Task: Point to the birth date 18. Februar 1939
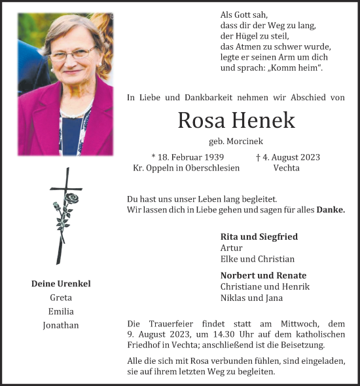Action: tap(188, 157)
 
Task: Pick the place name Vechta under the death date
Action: tap(286, 168)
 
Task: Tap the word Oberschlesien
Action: tap(213, 168)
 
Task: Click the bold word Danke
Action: tap(331, 210)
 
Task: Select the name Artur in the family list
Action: tap(232, 248)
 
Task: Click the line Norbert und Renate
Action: tap(263, 275)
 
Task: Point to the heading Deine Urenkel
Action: tap(61, 284)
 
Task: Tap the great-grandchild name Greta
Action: tap(61, 298)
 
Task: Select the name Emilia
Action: tap(61, 311)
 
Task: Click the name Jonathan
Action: tap(61, 325)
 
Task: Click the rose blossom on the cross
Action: tap(71, 198)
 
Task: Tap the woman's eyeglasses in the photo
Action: tap(72, 54)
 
